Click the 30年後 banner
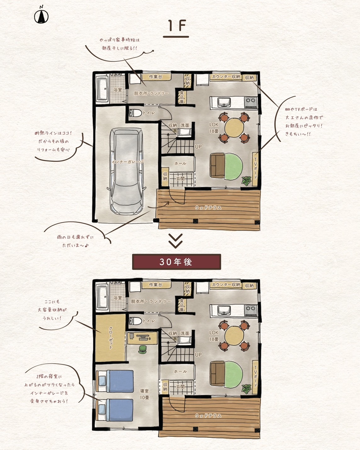click(x=176, y=262)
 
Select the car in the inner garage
click(x=126, y=171)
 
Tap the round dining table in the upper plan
click(x=234, y=128)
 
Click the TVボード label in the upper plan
click(x=255, y=169)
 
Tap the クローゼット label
click(x=110, y=338)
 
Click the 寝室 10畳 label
click(x=144, y=394)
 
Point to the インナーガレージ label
click(x=127, y=162)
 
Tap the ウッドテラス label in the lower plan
click(x=208, y=415)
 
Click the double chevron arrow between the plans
click(x=176, y=241)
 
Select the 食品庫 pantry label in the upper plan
click(x=182, y=97)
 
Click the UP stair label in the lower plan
click(x=198, y=355)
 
